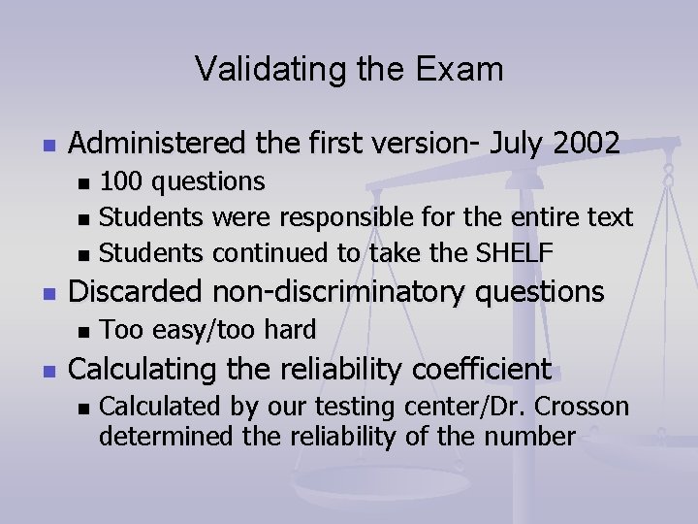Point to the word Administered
click(158, 144)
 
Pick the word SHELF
click(515, 254)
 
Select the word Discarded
click(140, 291)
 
